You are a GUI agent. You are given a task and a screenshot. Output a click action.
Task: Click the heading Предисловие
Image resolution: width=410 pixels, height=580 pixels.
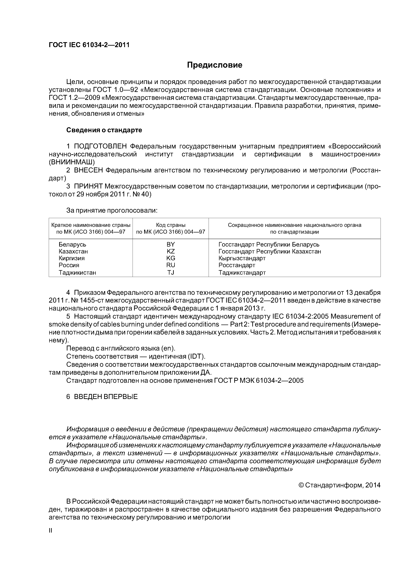pos(214,65)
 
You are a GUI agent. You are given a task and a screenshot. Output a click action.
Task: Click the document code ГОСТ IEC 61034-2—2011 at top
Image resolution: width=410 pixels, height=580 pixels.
pos(89,45)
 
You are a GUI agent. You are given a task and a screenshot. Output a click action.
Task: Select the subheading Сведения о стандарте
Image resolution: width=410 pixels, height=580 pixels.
pos(104,130)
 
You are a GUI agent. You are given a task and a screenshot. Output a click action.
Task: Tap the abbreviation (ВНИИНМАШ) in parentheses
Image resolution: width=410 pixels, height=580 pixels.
pos(72,162)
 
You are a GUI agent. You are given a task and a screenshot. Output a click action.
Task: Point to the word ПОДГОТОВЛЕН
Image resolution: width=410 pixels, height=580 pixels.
pos(100,146)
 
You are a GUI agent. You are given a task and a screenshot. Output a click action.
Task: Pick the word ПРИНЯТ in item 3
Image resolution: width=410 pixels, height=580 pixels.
pos(88,186)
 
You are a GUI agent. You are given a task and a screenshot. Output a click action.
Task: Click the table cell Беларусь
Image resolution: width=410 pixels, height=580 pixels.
pos(72,245)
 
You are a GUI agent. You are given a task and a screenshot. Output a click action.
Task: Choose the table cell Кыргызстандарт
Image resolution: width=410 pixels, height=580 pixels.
pos(242,258)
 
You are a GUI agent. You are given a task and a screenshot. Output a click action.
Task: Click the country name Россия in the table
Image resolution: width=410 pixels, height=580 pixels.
pos(69,265)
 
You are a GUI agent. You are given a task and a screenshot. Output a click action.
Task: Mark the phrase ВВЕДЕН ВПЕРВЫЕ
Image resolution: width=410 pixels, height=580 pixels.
pos(106,397)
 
